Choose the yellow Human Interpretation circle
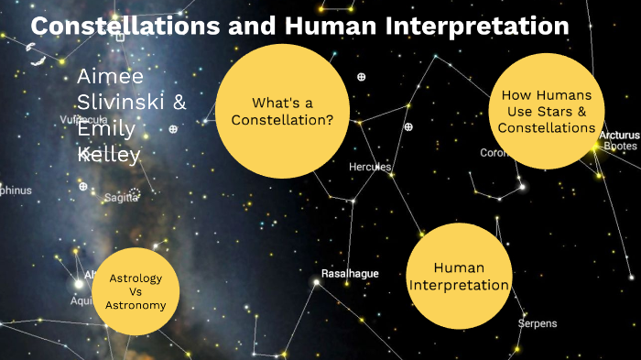[458, 276]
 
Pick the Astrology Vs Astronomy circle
[136, 292]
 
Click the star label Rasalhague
[350, 274]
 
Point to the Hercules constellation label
[370, 168]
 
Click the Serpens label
[537, 323]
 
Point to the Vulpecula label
[82, 120]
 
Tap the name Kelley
[109, 155]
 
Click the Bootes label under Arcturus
[620, 147]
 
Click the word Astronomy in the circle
[136, 306]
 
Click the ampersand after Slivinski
[179, 103]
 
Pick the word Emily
[106, 129]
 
